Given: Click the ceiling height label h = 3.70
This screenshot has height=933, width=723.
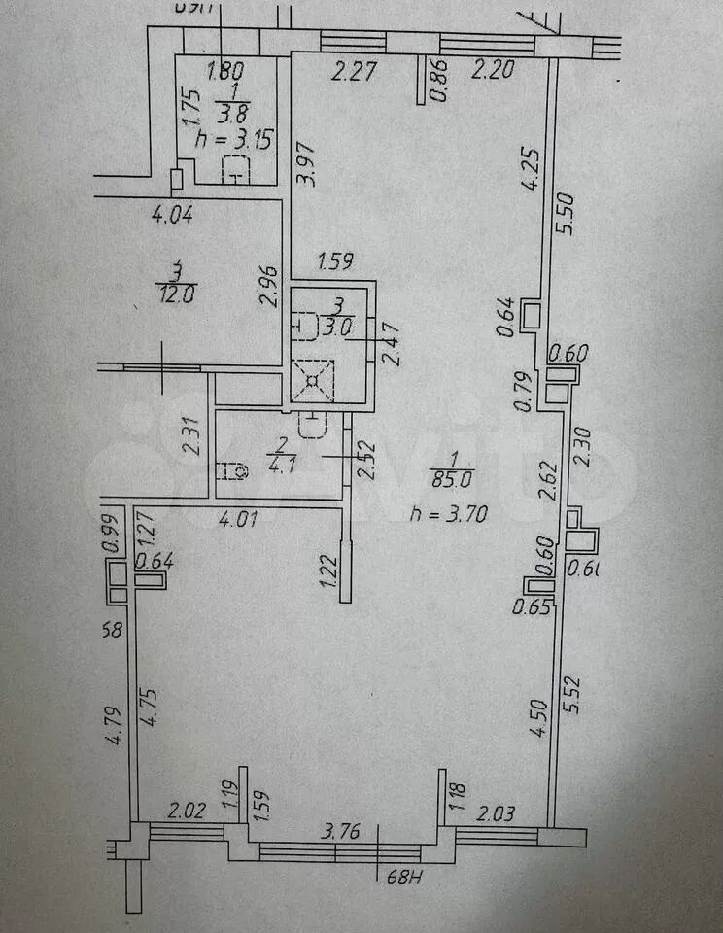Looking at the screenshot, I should point(442,515).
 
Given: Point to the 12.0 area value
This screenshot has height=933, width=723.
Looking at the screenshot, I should point(176,293).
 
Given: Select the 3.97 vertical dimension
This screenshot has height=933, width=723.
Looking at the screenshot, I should point(307,166).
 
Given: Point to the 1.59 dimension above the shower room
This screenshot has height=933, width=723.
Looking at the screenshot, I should point(334,261).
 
